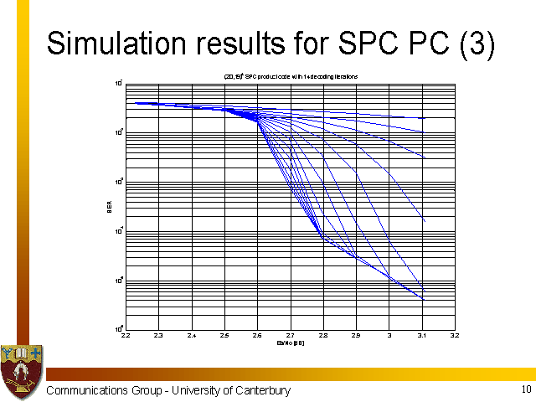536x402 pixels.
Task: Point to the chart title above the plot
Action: tap(291, 76)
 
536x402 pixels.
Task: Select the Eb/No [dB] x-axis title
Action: tap(290, 343)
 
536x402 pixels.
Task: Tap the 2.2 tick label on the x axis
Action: tap(126, 336)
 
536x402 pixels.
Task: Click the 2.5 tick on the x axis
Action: tap(224, 336)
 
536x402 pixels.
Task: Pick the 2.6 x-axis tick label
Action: tap(257, 336)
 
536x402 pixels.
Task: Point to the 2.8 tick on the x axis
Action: tap(323, 336)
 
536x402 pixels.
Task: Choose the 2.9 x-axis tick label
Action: tap(356, 336)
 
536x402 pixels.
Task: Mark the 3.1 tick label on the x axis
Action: tap(422, 336)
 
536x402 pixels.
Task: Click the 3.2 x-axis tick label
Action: tap(455, 336)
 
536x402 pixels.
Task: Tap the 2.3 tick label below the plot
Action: tap(158, 336)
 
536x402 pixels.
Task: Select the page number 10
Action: tap(525, 389)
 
